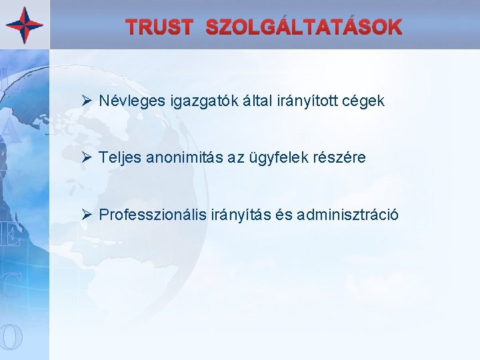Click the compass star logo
coord(25,25)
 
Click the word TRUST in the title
coord(160,27)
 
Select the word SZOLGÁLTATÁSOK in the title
coord(304,27)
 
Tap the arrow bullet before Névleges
coord(85,101)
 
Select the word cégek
coord(366,101)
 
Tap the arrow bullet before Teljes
coord(85,158)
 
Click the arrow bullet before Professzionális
coord(85,215)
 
